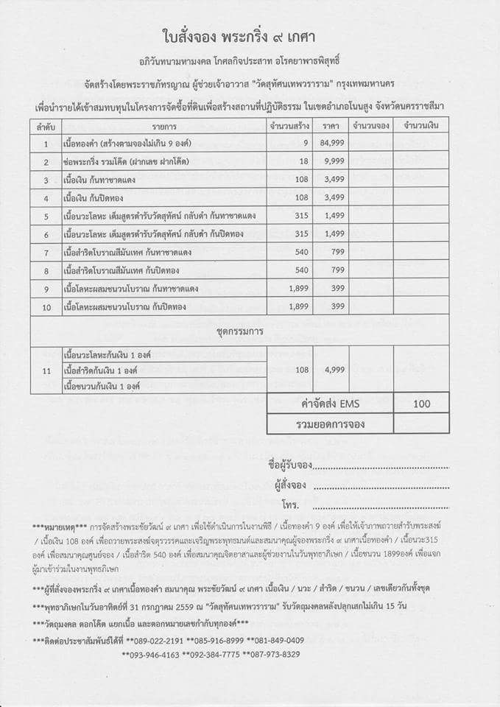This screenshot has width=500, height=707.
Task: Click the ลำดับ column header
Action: coord(45,127)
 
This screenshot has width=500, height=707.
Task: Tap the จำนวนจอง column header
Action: coord(370,127)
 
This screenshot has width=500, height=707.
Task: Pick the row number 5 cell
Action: coord(46,216)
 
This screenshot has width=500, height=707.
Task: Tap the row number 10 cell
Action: coord(46,306)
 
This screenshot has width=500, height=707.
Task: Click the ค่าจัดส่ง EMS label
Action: coord(329,404)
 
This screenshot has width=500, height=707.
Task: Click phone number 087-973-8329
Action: coord(273,654)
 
